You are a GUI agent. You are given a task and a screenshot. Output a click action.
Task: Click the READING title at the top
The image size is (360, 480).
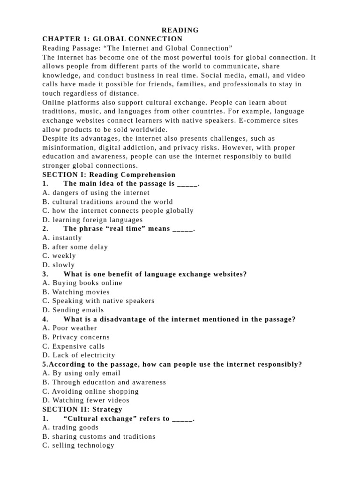coord(180,30)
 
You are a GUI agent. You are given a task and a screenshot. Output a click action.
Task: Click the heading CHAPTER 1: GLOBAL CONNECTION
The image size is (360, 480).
coord(112,39)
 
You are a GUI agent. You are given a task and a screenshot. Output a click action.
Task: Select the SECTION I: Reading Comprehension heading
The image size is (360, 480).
coord(109,175)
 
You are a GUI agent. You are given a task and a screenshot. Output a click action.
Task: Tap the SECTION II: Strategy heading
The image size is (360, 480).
coord(82,409)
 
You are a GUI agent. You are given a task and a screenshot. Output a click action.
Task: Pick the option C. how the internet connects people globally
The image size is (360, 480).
coord(118,210)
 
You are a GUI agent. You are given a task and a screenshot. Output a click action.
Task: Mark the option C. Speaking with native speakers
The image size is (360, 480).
coord(98,301)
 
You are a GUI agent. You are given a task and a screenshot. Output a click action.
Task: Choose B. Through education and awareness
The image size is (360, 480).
coord(104,382)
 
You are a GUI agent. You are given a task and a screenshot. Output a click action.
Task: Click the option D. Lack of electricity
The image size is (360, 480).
coord(78,355)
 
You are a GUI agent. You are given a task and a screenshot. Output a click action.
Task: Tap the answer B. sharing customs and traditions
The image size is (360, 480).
coord(98,436)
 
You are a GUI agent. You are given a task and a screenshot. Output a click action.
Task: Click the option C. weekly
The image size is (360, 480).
coord(59,256)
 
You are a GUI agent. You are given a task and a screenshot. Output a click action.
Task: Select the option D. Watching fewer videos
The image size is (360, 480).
coord(86,400)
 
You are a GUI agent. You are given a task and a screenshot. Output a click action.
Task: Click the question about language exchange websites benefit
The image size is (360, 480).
coord(155,274)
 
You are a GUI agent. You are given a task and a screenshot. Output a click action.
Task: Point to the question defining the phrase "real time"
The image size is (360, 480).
coord(129,229)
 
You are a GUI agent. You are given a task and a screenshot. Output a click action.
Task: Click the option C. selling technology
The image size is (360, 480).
coord(78,445)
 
